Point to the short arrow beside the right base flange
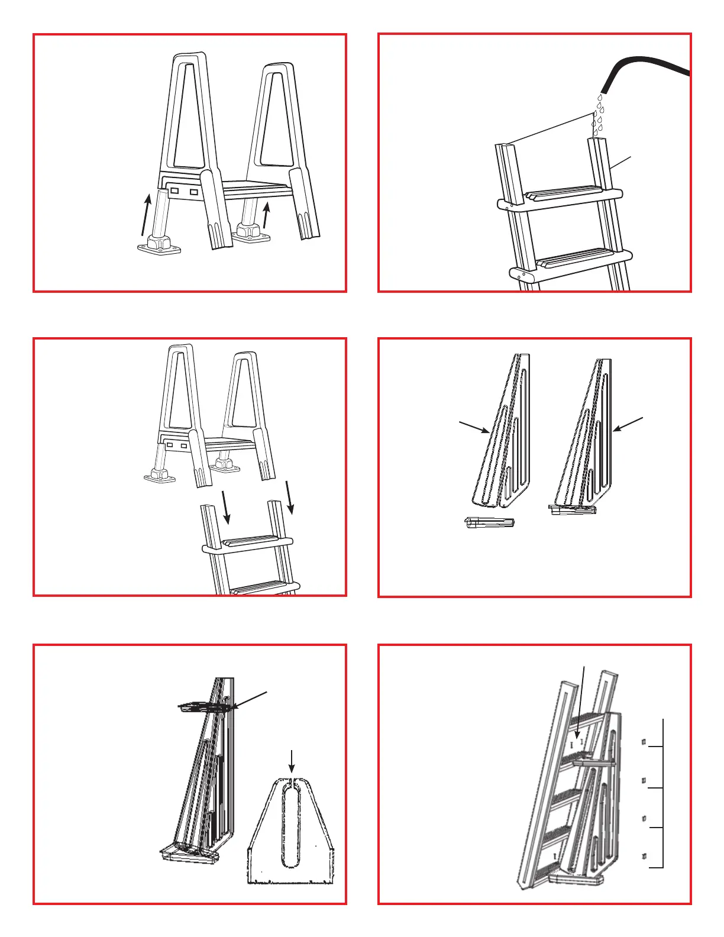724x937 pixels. pos(267,215)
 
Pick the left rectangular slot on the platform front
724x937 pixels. pos(174,191)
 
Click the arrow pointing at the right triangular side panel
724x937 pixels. pos(629,424)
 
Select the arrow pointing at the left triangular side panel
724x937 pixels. pos(474,427)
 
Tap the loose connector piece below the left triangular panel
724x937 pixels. pos(489,522)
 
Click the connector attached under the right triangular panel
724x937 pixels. pos(572,509)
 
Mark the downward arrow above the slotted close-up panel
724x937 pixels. pos(291,761)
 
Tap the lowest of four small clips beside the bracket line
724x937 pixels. pos(644,856)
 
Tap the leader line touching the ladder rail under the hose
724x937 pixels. pos(620,163)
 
